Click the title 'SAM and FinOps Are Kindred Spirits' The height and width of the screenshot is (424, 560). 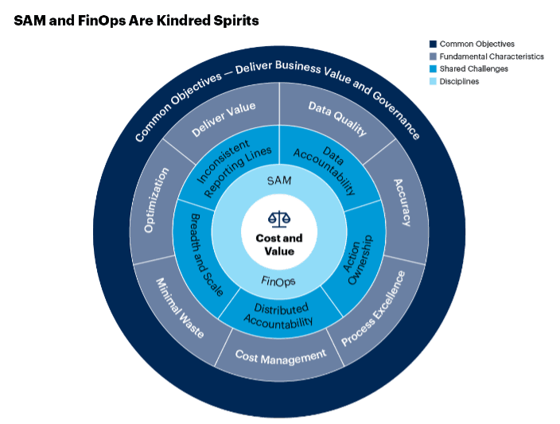tap(136, 21)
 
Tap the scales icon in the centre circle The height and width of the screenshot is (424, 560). tap(279, 216)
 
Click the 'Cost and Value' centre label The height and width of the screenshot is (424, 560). tap(279, 245)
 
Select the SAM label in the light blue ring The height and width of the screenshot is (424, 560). tap(279, 181)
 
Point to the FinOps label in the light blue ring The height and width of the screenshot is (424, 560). tap(279, 280)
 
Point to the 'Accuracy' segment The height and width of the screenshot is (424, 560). tap(402, 200)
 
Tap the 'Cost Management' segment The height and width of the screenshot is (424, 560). tap(281, 355)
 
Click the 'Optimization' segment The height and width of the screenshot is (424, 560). tap(155, 199)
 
